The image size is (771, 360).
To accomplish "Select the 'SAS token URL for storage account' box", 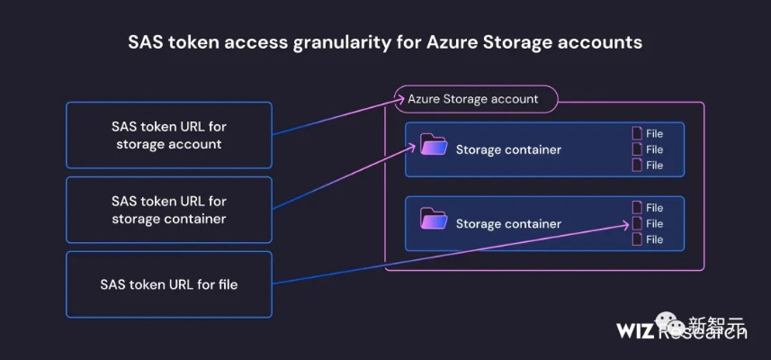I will (x=168, y=135).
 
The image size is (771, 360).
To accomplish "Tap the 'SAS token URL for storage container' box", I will (x=168, y=210).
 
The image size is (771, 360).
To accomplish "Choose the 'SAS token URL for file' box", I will (x=168, y=284).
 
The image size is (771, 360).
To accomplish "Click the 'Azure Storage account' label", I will (x=473, y=98).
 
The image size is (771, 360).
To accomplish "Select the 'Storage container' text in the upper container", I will (x=508, y=149).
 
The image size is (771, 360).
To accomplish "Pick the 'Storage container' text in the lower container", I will (x=508, y=224).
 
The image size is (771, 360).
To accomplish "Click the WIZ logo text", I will (x=636, y=330).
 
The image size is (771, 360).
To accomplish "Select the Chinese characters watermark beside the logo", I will (x=717, y=326).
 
